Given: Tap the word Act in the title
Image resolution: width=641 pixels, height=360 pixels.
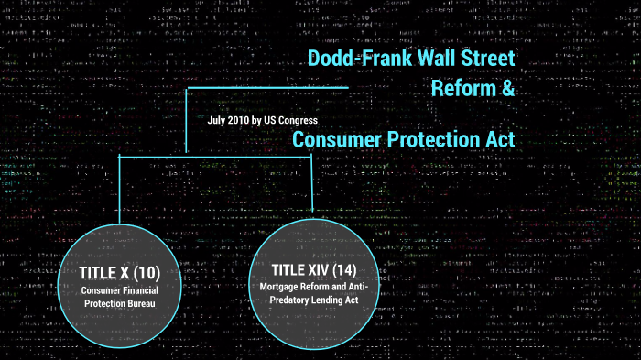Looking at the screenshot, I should pos(500,139).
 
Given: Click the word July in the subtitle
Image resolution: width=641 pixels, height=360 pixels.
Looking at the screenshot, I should pos(218,120).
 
